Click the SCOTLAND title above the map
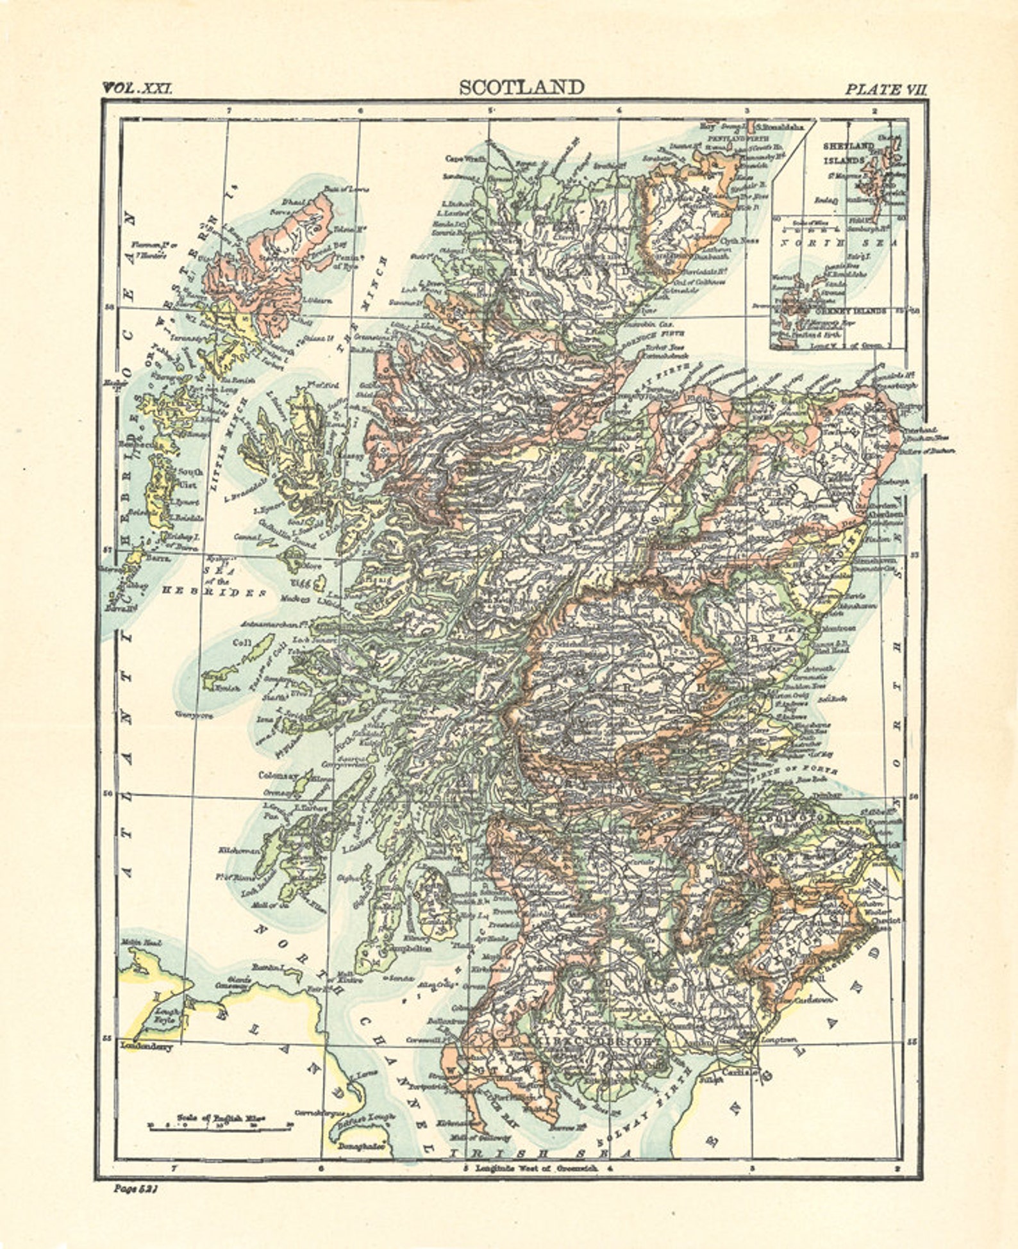(x=522, y=88)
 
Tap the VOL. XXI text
(x=137, y=88)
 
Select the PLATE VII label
(x=885, y=90)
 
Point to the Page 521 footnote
(x=135, y=1188)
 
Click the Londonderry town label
(x=146, y=1047)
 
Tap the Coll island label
(x=241, y=643)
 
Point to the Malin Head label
(x=141, y=943)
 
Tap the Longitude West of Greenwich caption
(x=535, y=1168)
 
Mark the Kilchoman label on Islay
(x=240, y=851)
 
